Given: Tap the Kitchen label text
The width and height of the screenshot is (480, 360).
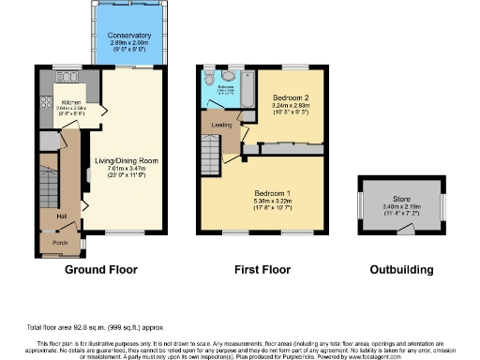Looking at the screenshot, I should pos(71,102).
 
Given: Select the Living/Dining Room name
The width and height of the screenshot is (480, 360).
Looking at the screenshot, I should pos(126,160).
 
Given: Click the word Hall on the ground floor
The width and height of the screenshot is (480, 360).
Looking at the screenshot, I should pos(61,216).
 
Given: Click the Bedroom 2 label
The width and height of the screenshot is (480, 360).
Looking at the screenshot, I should pos(291,97).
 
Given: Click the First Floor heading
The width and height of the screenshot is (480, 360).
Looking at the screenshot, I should pos(264,270).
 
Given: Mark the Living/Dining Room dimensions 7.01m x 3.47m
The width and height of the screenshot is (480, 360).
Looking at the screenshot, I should pos(126,168).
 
